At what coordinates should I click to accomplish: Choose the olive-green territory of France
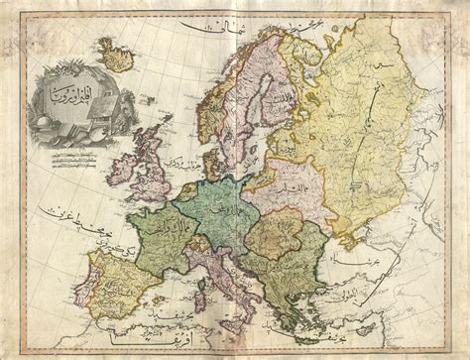coord(159,238)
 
